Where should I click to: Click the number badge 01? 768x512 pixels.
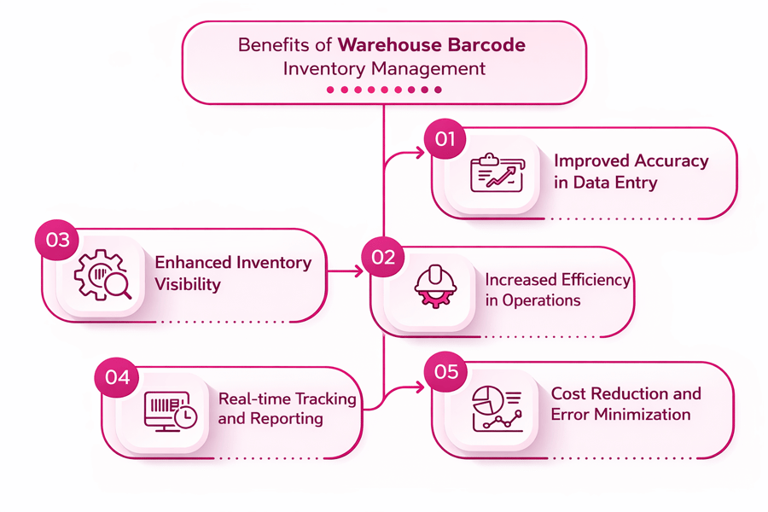(x=445, y=139)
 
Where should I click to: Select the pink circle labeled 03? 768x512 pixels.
(x=57, y=241)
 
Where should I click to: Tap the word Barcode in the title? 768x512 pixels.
(x=488, y=44)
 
